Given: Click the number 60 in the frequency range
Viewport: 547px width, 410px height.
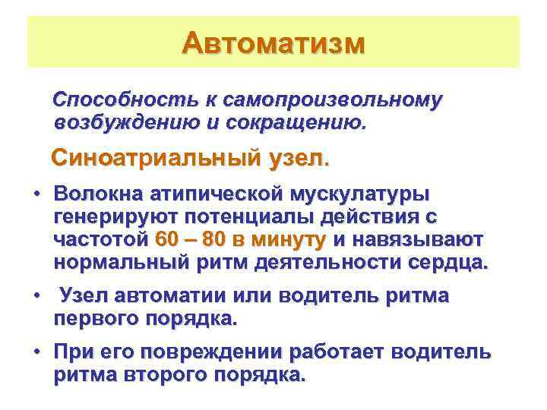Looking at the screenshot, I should [x=169, y=240].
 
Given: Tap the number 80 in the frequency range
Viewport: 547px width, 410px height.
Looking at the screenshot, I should [x=214, y=240].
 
